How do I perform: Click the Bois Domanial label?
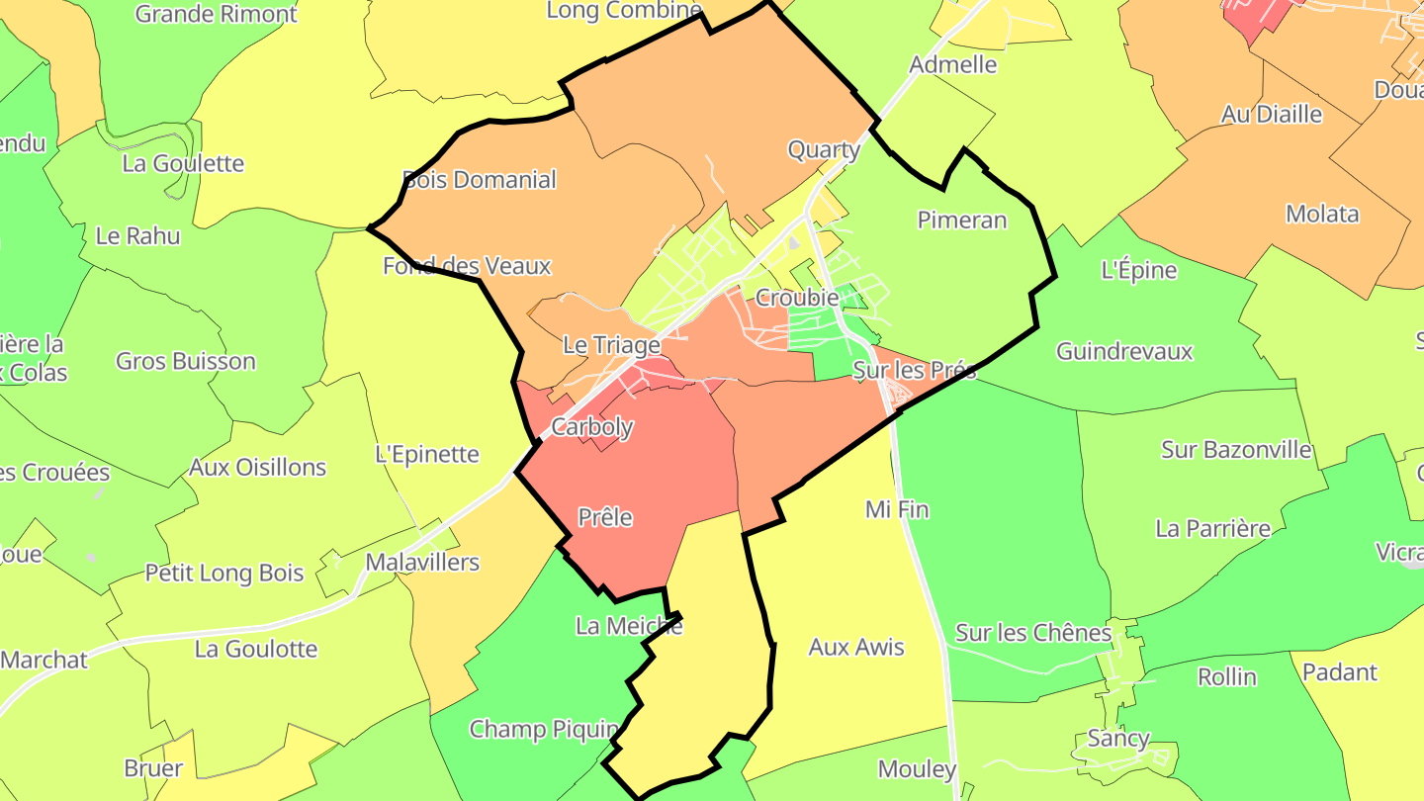click(480, 180)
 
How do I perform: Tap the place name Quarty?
click(823, 150)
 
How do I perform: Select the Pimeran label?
click(961, 220)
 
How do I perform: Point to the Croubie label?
click(796, 297)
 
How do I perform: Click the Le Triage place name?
click(611, 345)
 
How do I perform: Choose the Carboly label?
click(591, 427)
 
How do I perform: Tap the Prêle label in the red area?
click(604, 517)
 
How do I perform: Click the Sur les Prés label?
click(914, 371)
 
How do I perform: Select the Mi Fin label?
click(897, 509)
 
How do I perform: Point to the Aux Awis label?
click(856, 647)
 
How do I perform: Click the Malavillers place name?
click(422, 563)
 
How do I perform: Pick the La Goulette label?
click(183, 163)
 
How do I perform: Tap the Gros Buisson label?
click(186, 361)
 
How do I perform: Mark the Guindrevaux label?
click(1124, 351)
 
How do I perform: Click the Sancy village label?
click(1118, 738)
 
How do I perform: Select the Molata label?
click(1322, 214)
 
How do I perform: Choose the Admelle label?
click(953, 65)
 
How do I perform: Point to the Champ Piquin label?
click(543, 730)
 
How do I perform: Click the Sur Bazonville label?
click(1236, 450)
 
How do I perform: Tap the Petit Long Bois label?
click(224, 573)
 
